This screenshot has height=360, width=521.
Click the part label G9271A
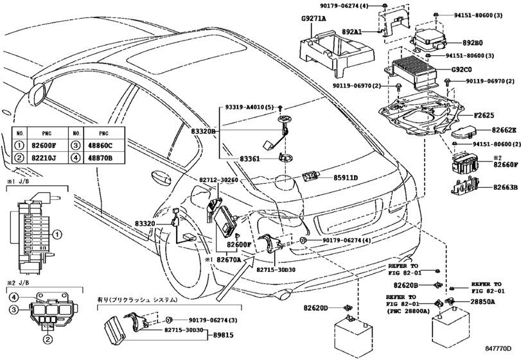coord(313,19)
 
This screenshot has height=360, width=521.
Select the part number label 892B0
coord(472,43)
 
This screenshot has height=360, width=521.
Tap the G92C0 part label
coord(461,70)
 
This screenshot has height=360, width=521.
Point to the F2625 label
coord(484,115)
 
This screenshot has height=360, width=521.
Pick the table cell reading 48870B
coord(104,158)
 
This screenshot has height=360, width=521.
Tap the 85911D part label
coord(346,178)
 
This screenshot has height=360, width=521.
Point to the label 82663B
coord(506,188)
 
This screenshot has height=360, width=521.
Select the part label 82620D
coord(315,308)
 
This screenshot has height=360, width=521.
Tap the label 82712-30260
coord(218,180)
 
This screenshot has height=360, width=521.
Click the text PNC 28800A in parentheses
coord(409,311)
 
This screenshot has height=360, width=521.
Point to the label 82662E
coord(504,130)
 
